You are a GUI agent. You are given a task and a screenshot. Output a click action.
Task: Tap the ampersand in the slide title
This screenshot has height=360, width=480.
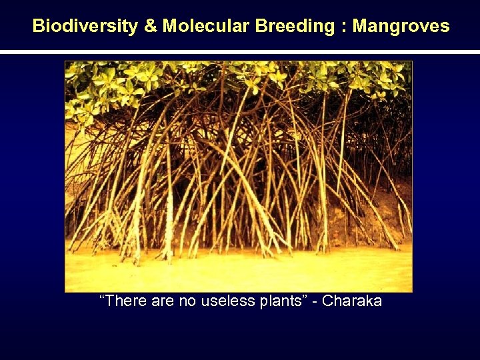pos(151,27)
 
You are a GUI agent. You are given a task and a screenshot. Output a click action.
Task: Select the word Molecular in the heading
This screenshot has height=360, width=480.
pos(205,27)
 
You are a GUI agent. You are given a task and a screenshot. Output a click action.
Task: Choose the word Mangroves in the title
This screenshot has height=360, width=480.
pos(401,27)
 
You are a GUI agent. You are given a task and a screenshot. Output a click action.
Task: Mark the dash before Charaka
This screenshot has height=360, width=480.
pos(316,302)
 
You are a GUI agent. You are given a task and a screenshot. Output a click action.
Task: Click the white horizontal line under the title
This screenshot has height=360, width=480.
pos(240,52)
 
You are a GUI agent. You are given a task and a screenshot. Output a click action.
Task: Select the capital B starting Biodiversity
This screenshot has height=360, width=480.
pos(39,27)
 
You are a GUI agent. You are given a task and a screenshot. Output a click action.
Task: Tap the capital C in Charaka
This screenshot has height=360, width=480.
pos(329,301)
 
